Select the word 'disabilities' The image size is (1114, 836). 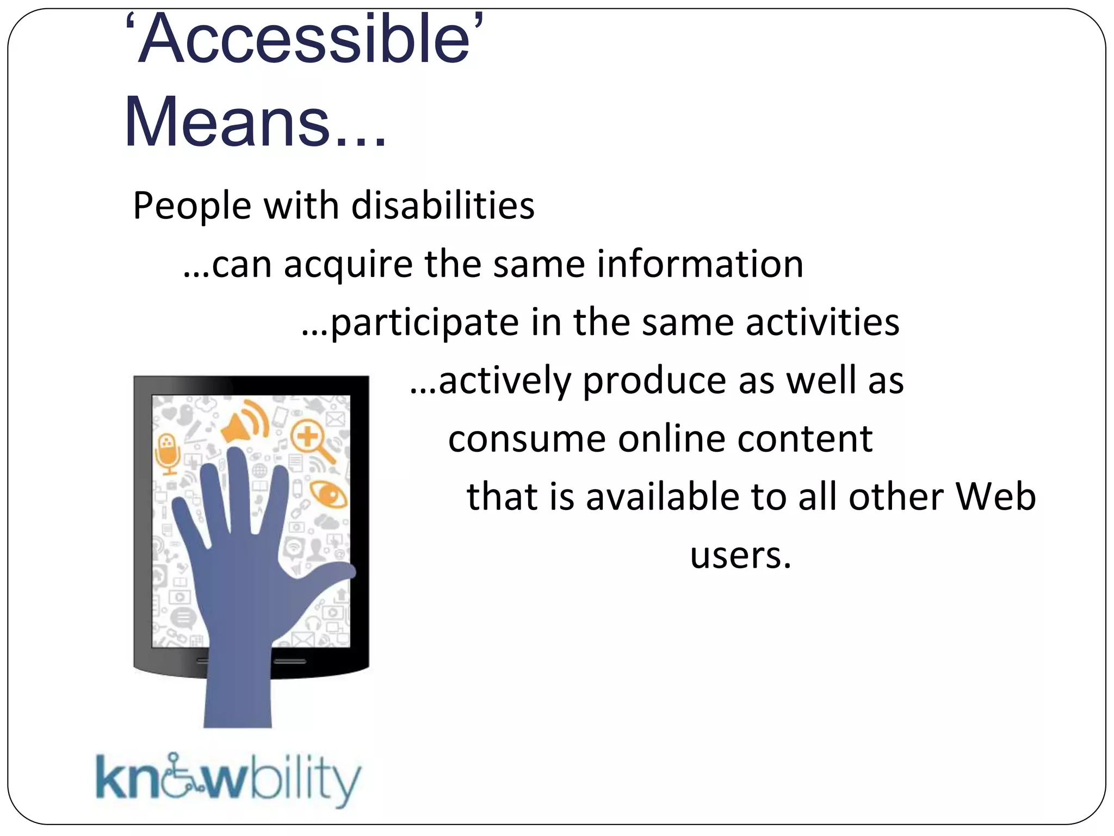(x=443, y=206)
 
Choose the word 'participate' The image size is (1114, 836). (x=424, y=323)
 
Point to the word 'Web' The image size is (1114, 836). (x=995, y=497)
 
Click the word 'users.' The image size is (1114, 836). (x=740, y=556)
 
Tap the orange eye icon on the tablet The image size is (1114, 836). (x=329, y=494)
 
